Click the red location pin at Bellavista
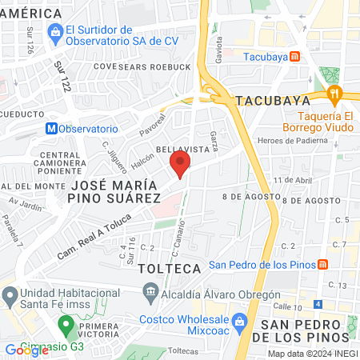coord(180,165)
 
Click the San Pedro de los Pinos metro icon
coord(322,265)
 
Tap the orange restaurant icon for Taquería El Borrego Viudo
coord(335,93)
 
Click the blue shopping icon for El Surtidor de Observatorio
coord(56,32)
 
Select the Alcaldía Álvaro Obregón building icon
coord(150,292)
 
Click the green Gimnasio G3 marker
coord(66,327)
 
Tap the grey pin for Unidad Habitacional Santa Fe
coord(10,297)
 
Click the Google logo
coord(26,350)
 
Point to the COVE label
coord(106,66)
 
